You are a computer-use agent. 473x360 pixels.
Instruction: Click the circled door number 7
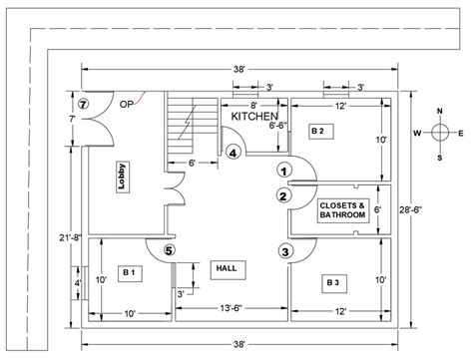click(x=84, y=103)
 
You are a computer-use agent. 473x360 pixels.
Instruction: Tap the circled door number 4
click(x=233, y=153)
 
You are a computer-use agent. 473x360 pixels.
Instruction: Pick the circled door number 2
click(x=283, y=195)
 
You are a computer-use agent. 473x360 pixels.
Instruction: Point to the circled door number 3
click(x=285, y=251)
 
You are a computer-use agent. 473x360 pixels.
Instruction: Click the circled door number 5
click(x=169, y=251)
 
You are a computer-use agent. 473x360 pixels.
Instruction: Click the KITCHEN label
click(x=255, y=117)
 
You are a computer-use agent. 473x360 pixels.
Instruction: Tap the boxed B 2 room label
click(x=317, y=131)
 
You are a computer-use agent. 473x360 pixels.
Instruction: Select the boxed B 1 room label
click(x=128, y=271)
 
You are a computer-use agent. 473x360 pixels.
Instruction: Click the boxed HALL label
click(x=225, y=269)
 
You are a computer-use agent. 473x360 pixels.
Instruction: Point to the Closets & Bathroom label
click(x=341, y=210)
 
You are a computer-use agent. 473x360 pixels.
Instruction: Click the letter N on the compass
click(x=439, y=112)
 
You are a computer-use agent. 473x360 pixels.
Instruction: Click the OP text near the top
click(x=126, y=103)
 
